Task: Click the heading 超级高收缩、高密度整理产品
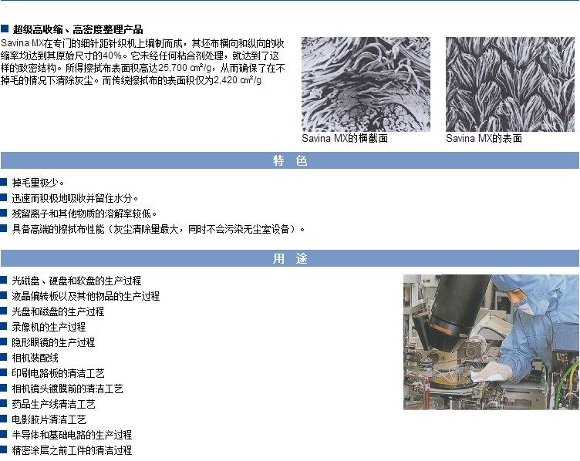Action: coord(78,29)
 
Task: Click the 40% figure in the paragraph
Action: coord(112,56)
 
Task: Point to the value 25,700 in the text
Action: coord(172,68)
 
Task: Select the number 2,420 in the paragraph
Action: coord(226,80)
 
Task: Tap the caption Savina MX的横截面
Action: coord(345,138)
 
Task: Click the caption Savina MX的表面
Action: coord(484,138)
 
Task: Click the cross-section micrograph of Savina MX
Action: coord(366,84)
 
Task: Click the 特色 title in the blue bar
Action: coord(290,161)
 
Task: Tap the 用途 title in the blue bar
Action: coord(290,258)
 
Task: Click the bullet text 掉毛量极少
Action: coord(38,183)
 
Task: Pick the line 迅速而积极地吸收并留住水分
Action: coord(75,198)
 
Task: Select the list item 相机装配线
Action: coord(35,358)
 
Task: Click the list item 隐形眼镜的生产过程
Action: coord(53,342)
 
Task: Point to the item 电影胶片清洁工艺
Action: coord(49,419)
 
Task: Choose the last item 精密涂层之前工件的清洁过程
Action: coord(72,450)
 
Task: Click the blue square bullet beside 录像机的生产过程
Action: coord(4,326)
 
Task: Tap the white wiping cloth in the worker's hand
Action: coord(492,372)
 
